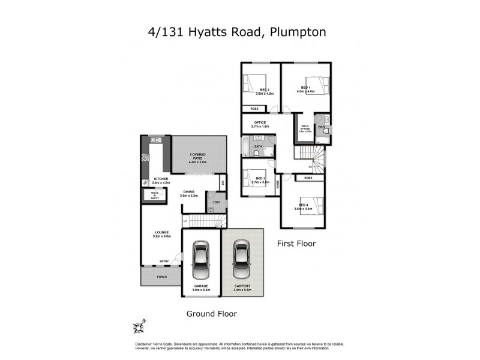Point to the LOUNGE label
pyautogui.click(x=160, y=232)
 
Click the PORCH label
pyautogui.click(x=161, y=277)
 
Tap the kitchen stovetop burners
pyautogui.click(x=145, y=158)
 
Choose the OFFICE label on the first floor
pyautogui.click(x=260, y=123)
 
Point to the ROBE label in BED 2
pyautogui.click(x=254, y=109)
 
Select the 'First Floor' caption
pyautogui.click(x=296, y=244)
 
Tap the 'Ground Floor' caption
pyautogui.click(x=211, y=313)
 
